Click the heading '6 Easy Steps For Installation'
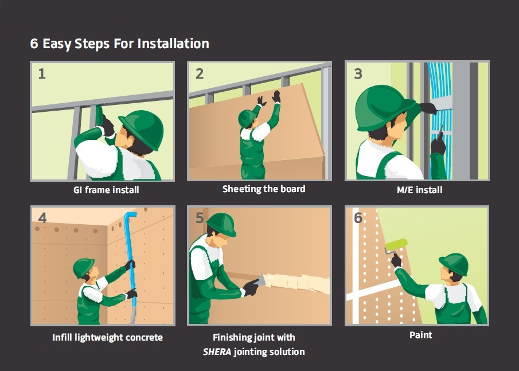point(119,44)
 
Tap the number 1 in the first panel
point(42,74)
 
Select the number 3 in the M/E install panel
point(358,74)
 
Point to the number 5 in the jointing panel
point(200,218)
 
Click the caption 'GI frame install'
point(106,190)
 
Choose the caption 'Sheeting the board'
point(264,189)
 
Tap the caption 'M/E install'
point(419,190)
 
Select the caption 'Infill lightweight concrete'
point(108,338)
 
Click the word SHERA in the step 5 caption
point(217,352)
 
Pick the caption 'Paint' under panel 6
point(421,335)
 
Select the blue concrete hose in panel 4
point(131,261)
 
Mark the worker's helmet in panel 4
point(83,267)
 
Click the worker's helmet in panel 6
point(455,264)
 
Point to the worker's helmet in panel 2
point(247,118)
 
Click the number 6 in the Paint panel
point(358,218)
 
